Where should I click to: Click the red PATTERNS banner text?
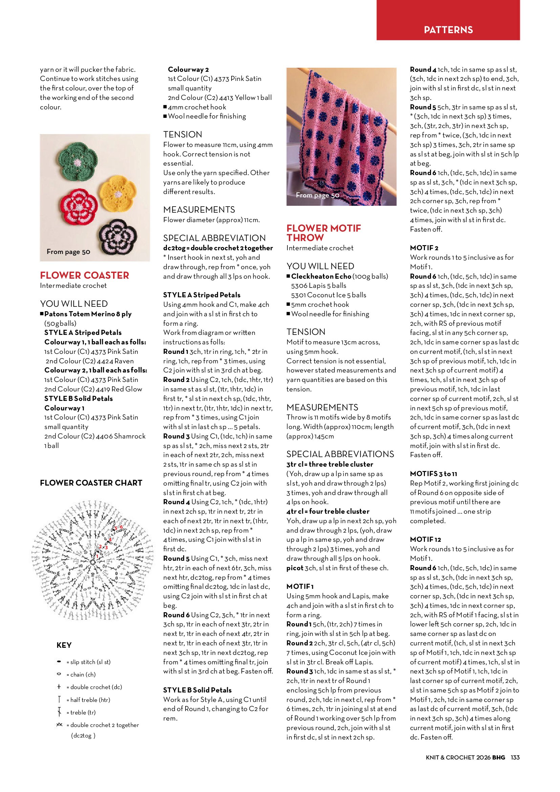(448, 30)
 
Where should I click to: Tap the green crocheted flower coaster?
(77, 162)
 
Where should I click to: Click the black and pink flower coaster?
(118, 236)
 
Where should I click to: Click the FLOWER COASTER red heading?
(85, 275)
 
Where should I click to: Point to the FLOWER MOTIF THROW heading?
(323, 233)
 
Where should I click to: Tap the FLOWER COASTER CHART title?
(91, 483)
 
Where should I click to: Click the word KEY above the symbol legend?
(64, 645)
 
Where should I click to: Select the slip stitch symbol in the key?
(59, 662)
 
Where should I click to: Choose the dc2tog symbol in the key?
(59, 725)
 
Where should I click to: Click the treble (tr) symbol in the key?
(59, 712)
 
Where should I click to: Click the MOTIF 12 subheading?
(425, 539)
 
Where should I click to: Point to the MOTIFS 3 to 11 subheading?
(433, 474)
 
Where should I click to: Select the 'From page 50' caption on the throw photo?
(317, 195)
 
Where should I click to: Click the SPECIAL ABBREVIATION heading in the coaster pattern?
(214, 238)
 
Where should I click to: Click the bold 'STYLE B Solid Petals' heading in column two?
(197, 690)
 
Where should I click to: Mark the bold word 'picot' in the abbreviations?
(295, 568)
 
